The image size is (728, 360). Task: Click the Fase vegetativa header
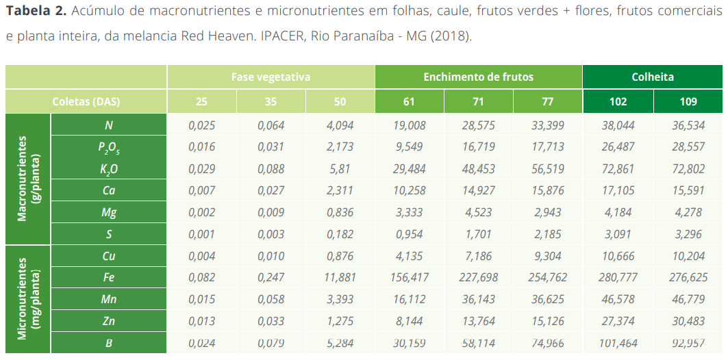[x=271, y=77]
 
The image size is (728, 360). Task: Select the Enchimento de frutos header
[x=478, y=77]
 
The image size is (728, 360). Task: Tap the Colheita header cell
[x=653, y=77]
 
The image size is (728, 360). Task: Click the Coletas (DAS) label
[x=86, y=102]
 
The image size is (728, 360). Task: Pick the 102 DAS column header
[x=618, y=102]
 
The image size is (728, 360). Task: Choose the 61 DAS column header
[x=409, y=102]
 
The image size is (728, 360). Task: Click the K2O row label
[x=108, y=169]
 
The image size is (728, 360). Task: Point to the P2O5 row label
[x=108, y=147]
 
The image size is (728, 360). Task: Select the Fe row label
[x=108, y=278]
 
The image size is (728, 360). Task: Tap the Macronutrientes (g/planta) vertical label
[x=28, y=178]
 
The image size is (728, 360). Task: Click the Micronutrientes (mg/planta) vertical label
[x=28, y=298]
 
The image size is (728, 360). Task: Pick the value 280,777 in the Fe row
[x=618, y=278]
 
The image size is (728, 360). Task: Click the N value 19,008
[x=409, y=125]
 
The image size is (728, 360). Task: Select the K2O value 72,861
[x=618, y=169]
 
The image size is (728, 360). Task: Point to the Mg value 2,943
[x=547, y=212]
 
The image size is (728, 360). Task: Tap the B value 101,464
[x=618, y=343]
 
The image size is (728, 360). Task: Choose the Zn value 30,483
[x=688, y=321]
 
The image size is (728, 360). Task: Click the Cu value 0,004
[x=201, y=256]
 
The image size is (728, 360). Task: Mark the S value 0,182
[x=340, y=234]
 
